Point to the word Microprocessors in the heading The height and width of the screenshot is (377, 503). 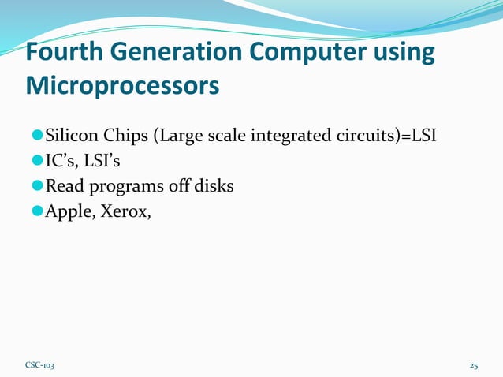(x=122, y=85)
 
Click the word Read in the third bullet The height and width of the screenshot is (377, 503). (x=63, y=187)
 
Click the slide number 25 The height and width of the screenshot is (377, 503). (x=474, y=366)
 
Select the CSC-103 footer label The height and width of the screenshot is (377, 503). (x=40, y=366)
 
